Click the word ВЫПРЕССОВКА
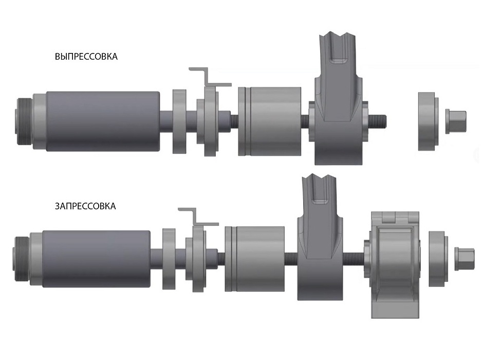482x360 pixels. [86, 57]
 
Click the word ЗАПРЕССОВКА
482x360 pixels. [85, 206]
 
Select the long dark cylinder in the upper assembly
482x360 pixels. [103, 121]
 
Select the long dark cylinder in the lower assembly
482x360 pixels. [96, 259]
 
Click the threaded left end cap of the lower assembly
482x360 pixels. [22, 259]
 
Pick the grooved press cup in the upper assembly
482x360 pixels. [270, 121]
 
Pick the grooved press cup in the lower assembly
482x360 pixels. [254, 259]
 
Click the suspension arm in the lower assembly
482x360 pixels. [320, 240]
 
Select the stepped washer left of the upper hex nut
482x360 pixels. [428, 121]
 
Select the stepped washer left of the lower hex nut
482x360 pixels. [438, 259]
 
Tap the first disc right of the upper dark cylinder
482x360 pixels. [179, 121]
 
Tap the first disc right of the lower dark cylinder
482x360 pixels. [169, 259]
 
